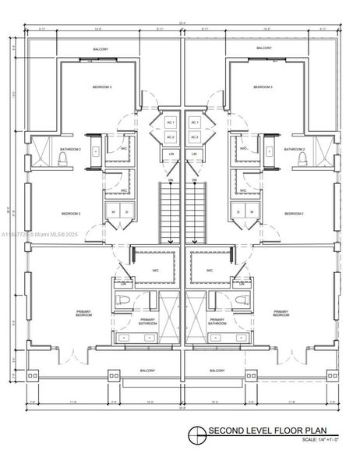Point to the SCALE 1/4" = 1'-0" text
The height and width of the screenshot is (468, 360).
320,441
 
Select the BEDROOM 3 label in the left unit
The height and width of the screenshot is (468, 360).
103,87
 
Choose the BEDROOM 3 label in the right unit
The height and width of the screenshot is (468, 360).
262,87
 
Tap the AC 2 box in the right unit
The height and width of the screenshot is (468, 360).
195,138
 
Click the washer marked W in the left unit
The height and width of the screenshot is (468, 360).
114,211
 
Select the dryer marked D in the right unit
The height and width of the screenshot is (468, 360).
238,211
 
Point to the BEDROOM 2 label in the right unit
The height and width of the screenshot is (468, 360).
294,213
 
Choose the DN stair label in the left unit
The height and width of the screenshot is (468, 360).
171,180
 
